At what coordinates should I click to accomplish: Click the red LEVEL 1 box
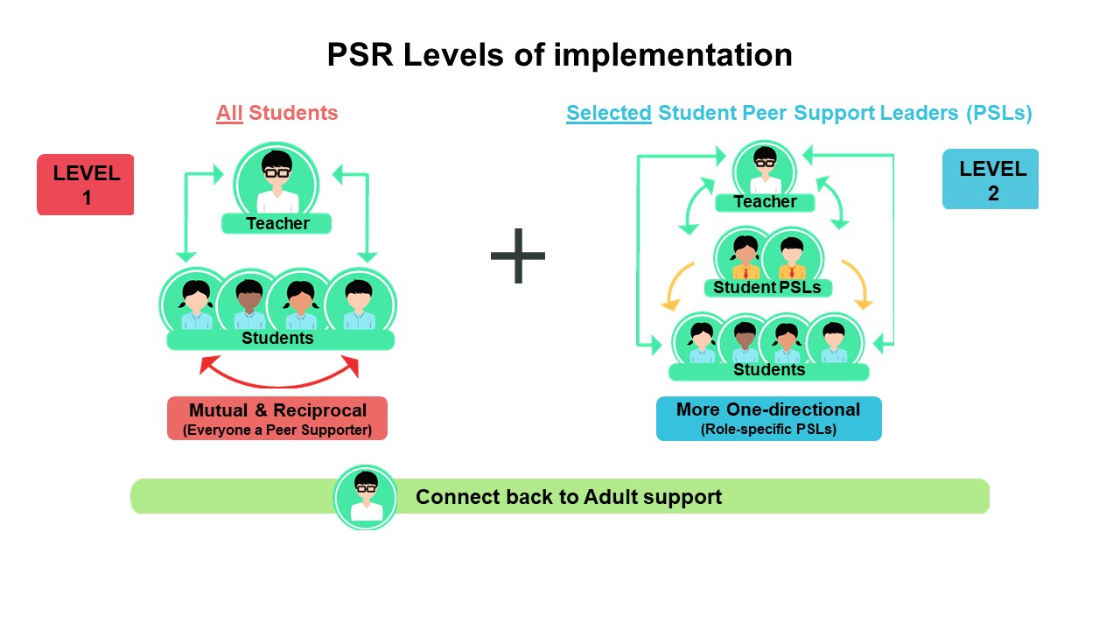(86, 185)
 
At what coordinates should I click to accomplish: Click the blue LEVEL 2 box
(990, 179)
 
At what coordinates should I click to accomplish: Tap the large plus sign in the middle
(518, 256)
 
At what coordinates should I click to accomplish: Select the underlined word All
(229, 113)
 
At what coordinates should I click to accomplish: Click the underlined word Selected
(608, 113)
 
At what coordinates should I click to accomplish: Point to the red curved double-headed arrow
(279, 384)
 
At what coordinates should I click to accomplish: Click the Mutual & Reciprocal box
(277, 418)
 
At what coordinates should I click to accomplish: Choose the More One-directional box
(768, 418)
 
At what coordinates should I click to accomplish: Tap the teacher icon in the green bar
(366, 498)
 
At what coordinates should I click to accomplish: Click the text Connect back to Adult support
(569, 497)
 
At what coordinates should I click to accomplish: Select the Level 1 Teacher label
(277, 223)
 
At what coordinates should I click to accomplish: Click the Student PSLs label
(767, 288)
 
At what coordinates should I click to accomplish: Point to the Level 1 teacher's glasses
(277, 173)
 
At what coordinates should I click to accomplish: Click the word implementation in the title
(673, 54)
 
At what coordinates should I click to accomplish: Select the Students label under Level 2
(769, 370)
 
